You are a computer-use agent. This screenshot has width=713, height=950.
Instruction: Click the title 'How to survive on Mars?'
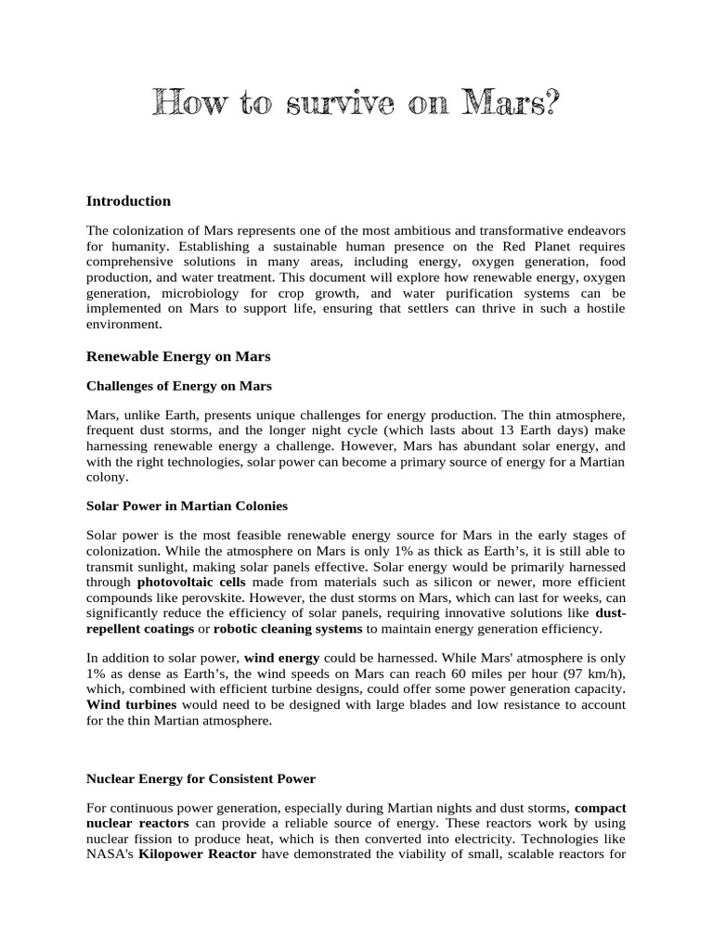[356, 104]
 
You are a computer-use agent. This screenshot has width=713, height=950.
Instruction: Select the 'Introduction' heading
[128, 201]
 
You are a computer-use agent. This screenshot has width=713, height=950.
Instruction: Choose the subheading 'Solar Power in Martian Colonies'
[187, 506]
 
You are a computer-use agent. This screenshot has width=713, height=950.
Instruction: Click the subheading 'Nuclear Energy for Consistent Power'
[201, 778]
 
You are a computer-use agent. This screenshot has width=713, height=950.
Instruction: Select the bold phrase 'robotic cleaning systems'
[288, 629]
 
